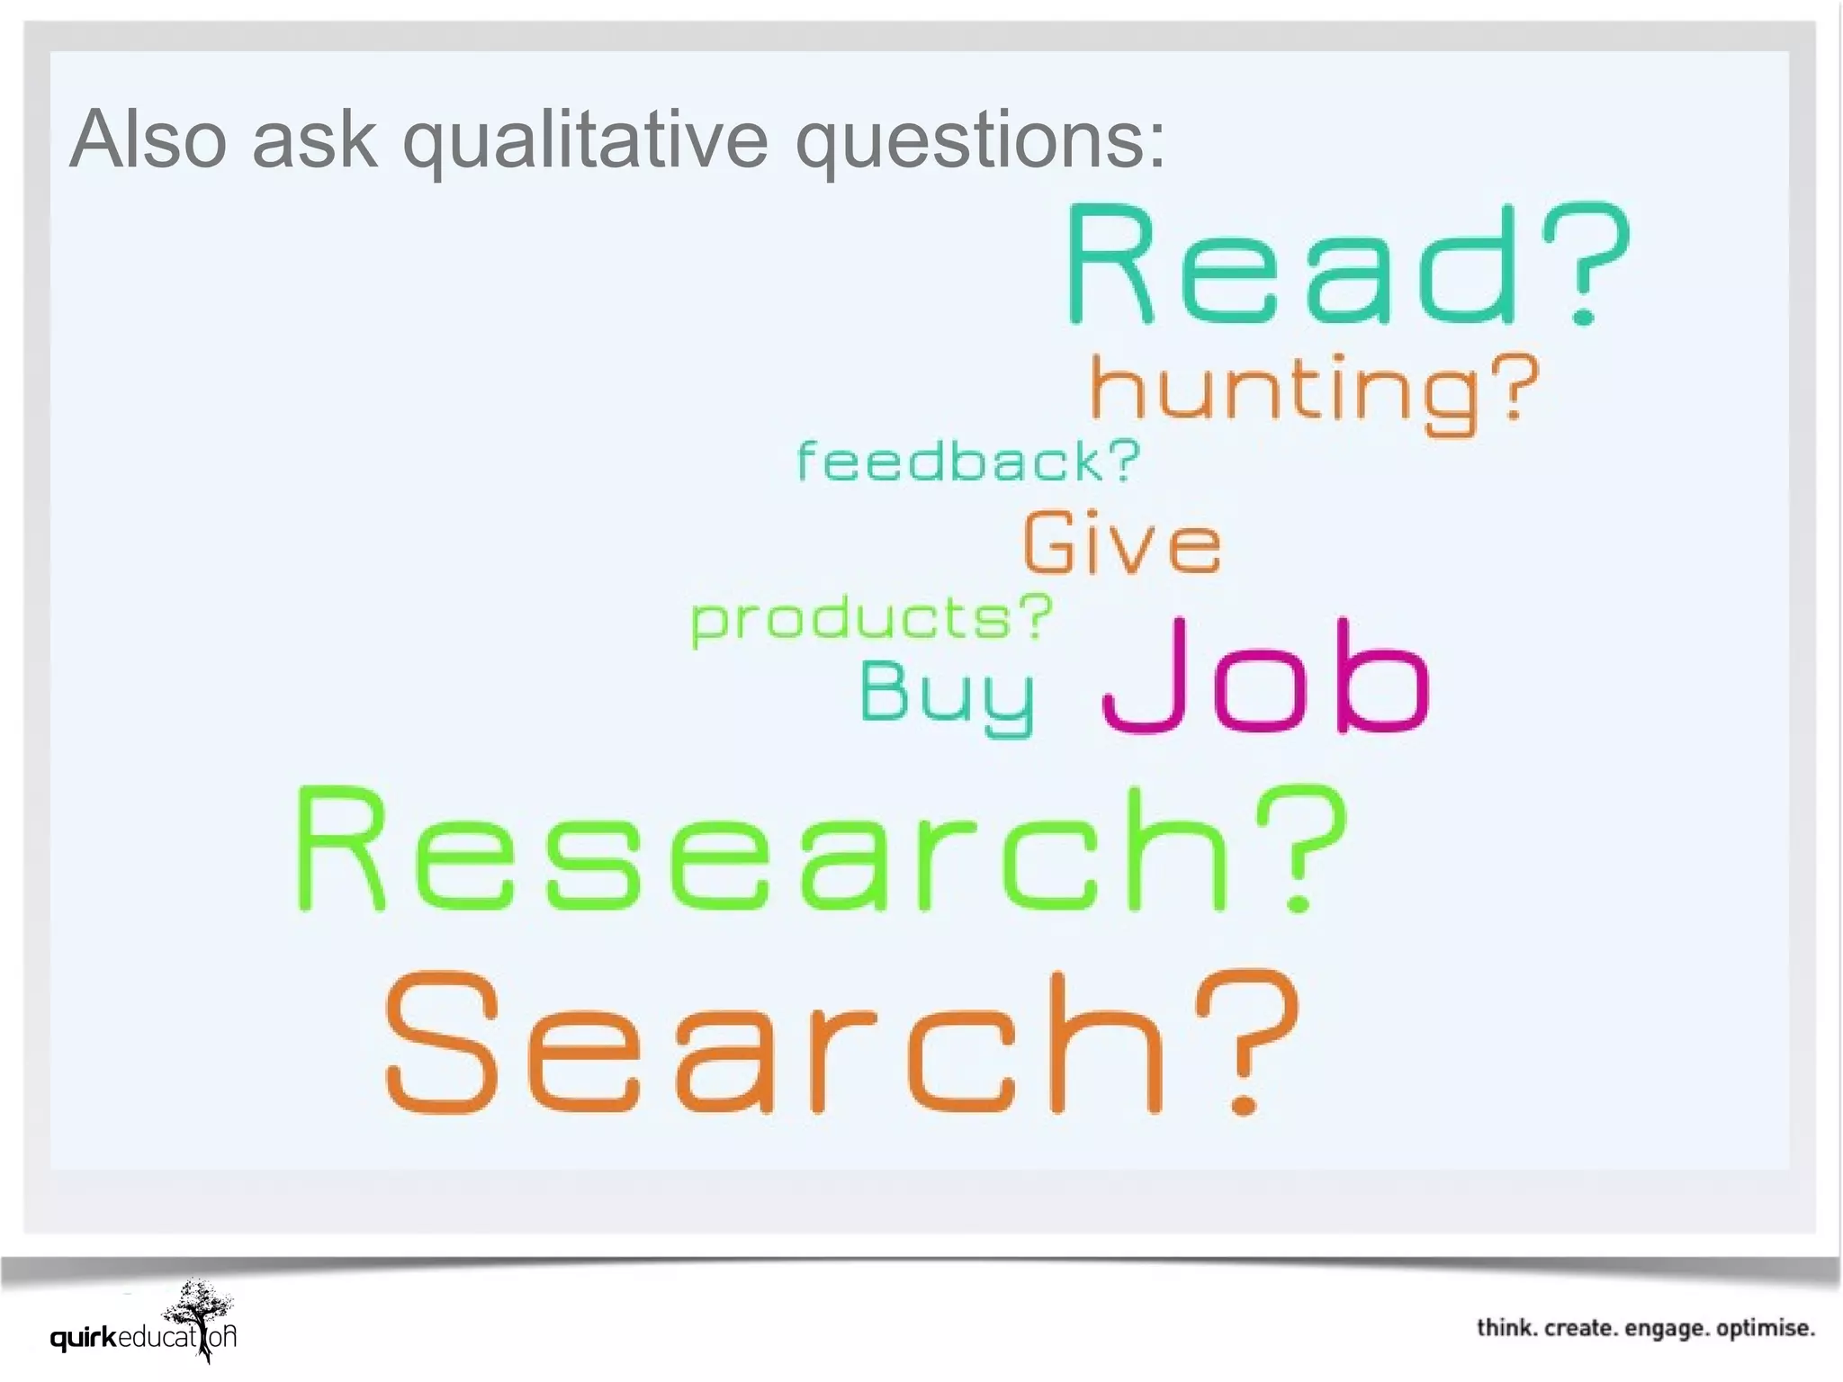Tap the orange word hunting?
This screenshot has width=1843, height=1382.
click(1314, 391)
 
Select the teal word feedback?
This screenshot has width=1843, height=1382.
click(968, 461)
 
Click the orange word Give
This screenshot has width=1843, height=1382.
click(1122, 543)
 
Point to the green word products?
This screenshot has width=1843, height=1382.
click(870, 620)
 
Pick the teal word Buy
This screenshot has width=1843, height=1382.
click(947, 695)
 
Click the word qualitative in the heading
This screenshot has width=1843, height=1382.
click(585, 140)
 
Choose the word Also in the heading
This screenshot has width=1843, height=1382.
click(148, 139)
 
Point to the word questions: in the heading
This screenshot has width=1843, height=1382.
click(980, 140)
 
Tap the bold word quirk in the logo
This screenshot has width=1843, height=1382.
click(84, 1338)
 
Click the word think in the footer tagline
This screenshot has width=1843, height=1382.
click(1506, 1328)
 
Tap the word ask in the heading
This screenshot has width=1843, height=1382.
click(314, 140)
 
